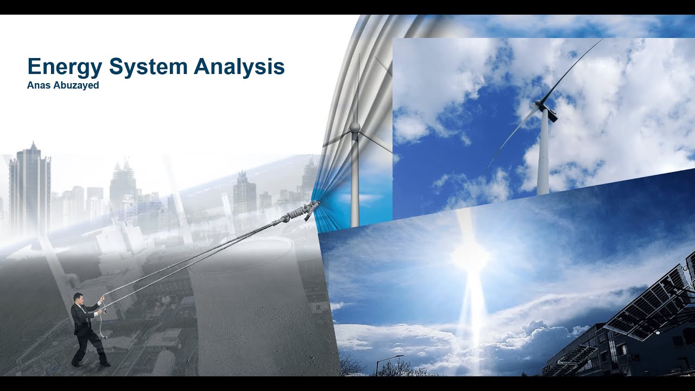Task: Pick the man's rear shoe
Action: tap(76, 363)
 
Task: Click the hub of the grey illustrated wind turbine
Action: tap(355, 127)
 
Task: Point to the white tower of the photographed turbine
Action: tap(543, 157)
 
